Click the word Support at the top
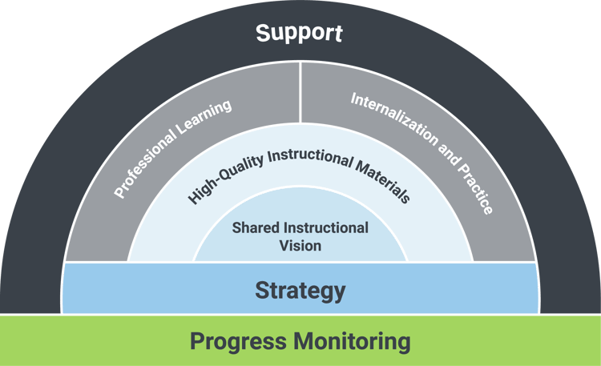pos(299,34)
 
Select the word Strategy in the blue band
pos(300,290)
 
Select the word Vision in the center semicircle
pos(300,246)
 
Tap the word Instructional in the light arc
pos(300,155)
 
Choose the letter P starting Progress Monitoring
pos(197,342)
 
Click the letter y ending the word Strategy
pos(340,292)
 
